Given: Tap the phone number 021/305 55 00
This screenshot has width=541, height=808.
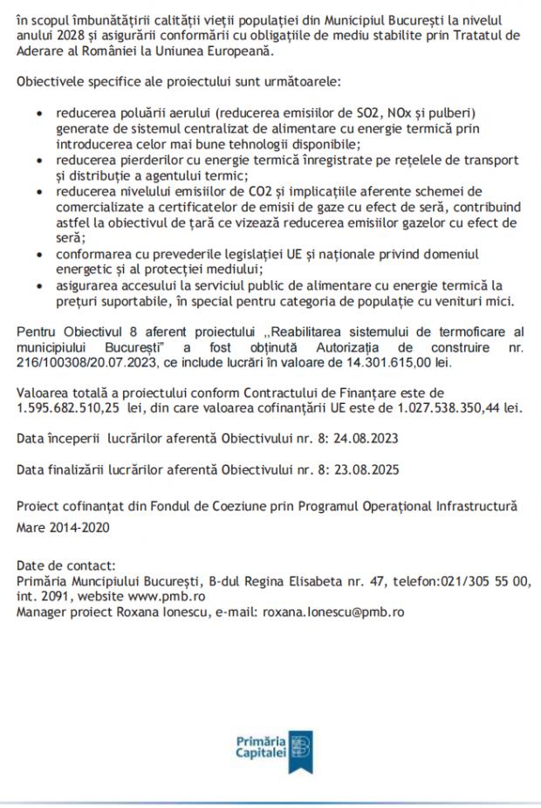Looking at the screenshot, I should pos(485,581).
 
